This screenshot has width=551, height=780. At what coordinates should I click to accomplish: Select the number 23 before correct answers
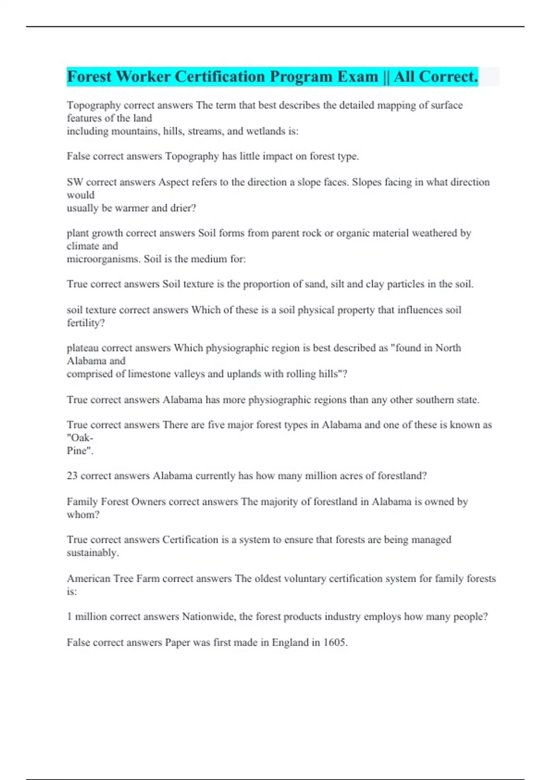point(72,476)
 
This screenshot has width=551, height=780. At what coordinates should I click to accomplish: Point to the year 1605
point(335,642)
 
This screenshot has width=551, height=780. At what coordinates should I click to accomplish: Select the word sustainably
point(92,552)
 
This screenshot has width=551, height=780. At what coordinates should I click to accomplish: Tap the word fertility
point(85,323)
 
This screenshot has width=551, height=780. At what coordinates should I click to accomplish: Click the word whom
point(82,514)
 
